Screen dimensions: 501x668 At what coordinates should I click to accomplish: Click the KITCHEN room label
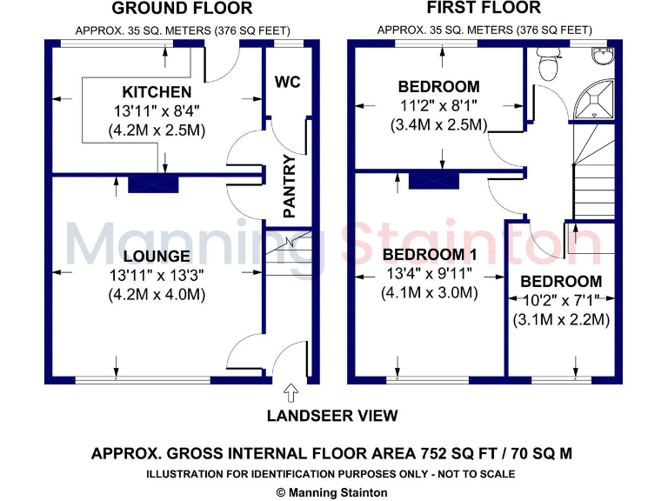click(x=157, y=92)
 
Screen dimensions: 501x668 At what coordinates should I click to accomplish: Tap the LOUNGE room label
click(x=157, y=256)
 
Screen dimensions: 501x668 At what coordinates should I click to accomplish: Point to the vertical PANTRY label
click(x=291, y=185)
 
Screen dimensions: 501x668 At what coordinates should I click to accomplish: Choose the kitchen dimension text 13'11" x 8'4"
click(x=157, y=111)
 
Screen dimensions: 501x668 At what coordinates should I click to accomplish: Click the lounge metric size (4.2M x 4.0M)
click(x=157, y=294)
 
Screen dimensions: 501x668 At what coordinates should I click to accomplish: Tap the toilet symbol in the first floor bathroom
click(x=548, y=63)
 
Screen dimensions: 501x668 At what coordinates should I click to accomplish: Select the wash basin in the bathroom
click(x=602, y=57)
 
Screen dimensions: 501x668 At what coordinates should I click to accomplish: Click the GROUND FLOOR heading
click(x=183, y=9)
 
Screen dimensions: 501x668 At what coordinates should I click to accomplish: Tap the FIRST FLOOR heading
click(x=484, y=9)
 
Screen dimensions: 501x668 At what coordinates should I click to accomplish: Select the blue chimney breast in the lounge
click(x=154, y=184)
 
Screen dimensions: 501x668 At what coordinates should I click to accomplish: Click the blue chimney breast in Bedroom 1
click(x=434, y=181)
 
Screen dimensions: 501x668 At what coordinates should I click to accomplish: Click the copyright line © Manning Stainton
click(x=331, y=491)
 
